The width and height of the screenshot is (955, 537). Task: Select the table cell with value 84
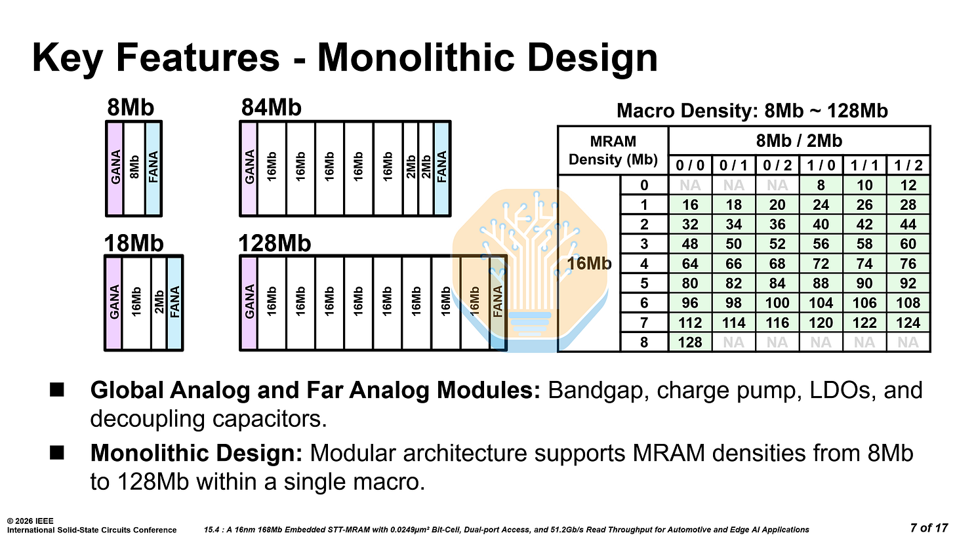(777, 283)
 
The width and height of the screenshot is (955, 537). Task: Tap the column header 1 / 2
(908, 165)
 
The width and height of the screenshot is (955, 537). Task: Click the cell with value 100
(777, 302)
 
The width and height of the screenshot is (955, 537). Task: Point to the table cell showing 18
(733, 205)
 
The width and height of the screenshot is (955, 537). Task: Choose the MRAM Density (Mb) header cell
(611, 150)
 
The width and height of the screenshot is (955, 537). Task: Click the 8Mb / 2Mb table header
(798, 140)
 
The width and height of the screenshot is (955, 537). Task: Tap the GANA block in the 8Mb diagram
(115, 168)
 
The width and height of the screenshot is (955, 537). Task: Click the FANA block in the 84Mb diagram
(442, 168)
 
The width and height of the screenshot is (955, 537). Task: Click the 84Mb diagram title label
(271, 107)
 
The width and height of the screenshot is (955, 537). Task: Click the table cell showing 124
(908, 322)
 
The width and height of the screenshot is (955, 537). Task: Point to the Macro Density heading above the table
(752, 111)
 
